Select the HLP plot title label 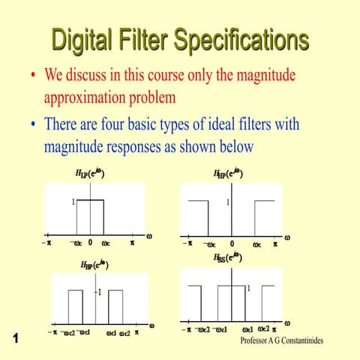click(x=89, y=173)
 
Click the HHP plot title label click(x=229, y=173)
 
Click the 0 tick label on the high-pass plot click(x=232, y=244)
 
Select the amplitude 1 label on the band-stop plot click(x=248, y=288)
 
